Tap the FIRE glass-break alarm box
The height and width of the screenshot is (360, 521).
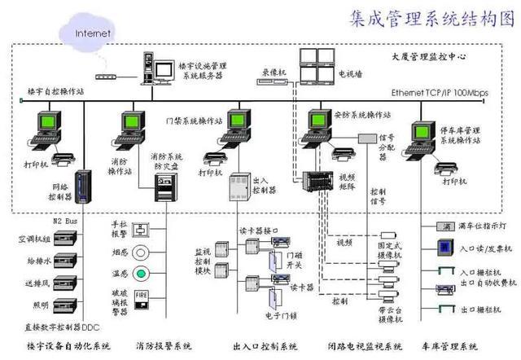click(142, 294)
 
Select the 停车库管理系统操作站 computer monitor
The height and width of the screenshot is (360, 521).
click(424, 134)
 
